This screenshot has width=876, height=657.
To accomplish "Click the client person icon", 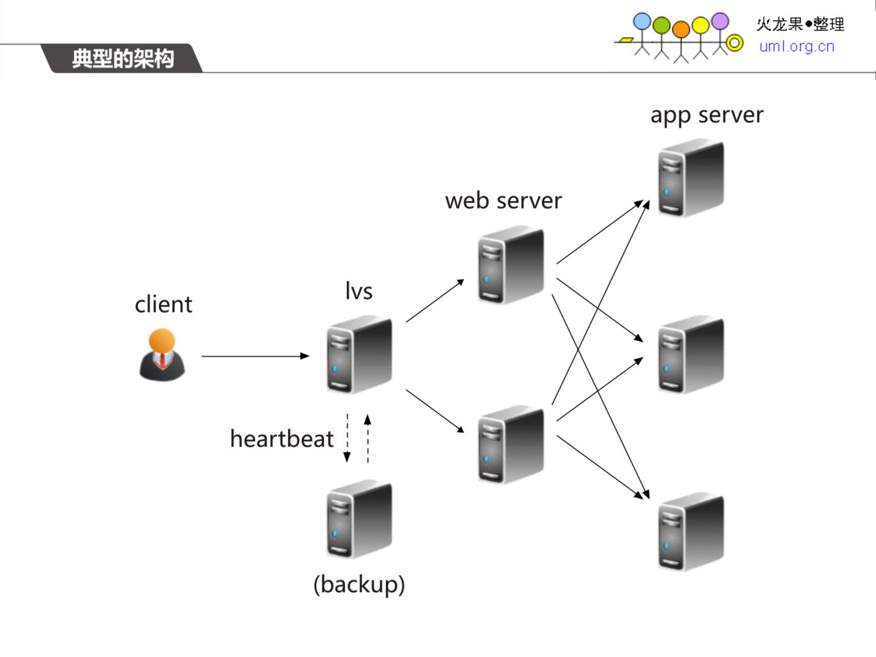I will click(x=162, y=355).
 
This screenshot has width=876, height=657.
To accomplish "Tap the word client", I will click(x=163, y=305).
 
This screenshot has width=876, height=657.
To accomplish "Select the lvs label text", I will click(x=359, y=291).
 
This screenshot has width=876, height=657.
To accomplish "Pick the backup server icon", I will click(x=359, y=519).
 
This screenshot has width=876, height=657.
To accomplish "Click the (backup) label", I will click(x=359, y=584).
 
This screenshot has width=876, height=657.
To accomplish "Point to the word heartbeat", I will click(x=282, y=439).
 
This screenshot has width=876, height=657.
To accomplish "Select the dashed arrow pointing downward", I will click(x=347, y=438).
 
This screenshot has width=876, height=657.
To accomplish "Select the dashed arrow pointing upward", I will click(x=367, y=438).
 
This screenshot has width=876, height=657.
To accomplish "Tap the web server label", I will click(x=503, y=201).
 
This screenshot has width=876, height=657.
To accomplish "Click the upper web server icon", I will click(x=511, y=265).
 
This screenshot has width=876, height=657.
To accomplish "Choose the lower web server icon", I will click(x=511, y=444).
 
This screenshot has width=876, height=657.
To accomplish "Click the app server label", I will click(x=706, y=115).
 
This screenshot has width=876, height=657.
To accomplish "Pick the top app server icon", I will click(x=691, y=178).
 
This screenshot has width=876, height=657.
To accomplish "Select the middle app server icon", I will click(x=691, y=355).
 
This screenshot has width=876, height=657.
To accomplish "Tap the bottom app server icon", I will click(x=691, y=532).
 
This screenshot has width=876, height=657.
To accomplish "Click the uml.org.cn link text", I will click(x=797, y=47).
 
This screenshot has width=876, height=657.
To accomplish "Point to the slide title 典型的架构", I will click(x=123, y=59).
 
